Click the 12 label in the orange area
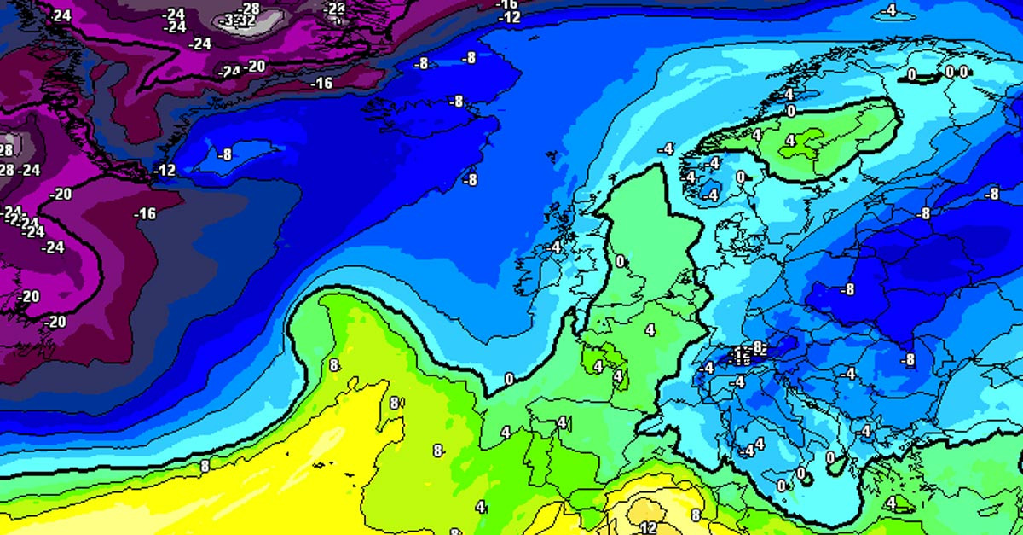(x=647, y=527)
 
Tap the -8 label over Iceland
(x=457, y=102)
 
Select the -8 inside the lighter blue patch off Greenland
(x=224, y=154)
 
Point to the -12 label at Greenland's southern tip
(x=165, y=171)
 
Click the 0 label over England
(x=620, y=261)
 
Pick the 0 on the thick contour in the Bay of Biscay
(x=509, y=379)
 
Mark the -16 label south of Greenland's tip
(x=147, y=213)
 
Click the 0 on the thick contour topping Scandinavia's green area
(x=790, y=111)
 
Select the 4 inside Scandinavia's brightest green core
(x=789, y=140)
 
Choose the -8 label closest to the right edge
(x=991, y=194)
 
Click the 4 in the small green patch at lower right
(x=891, y=503)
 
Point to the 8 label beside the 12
(x=696, y=515)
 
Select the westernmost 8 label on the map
(x=205, y=466)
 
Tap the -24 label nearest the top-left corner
(x=61, y=15)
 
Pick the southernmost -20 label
(x=56, y=322)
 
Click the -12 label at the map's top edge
(x=509, y=17)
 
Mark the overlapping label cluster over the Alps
(x=746, y=352)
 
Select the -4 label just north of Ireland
(x=555, y=247)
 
